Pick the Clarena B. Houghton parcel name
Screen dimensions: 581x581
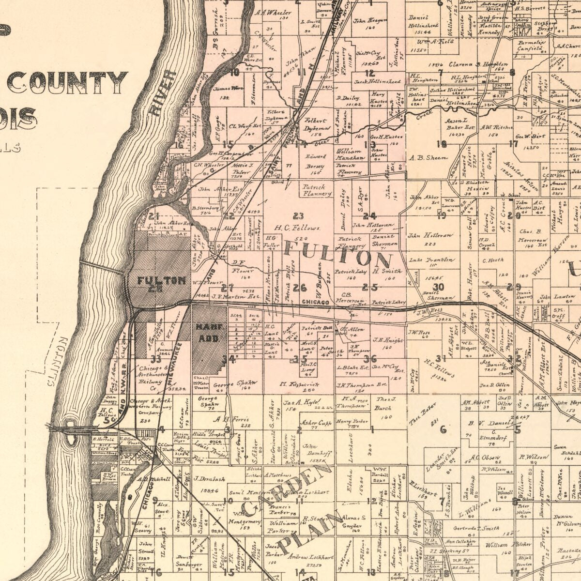[x=477, y=64]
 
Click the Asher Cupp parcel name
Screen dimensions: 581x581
[x=316, y=423]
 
